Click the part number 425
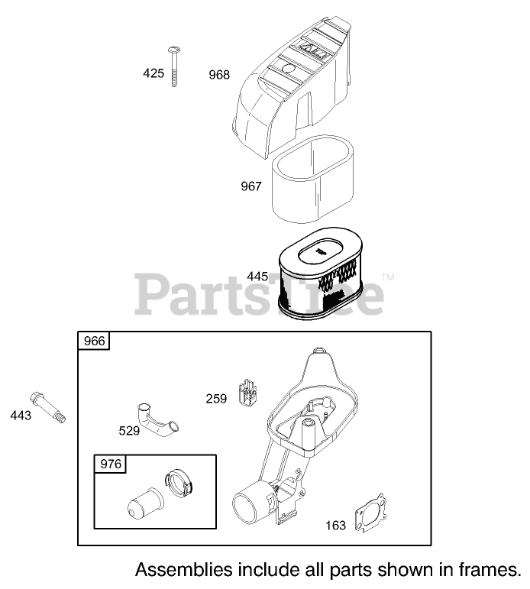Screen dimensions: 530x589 [154, 74]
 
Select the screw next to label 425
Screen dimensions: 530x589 [175, 66]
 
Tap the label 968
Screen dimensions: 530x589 [219, 75]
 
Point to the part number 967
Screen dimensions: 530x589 [250, 186]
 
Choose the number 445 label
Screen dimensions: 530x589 [258, 276]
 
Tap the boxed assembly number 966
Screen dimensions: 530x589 [94, 341]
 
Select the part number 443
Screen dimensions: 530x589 [21, 415]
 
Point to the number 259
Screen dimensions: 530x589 [216, 398]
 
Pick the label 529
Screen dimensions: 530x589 [129, 431]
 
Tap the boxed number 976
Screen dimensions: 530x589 [110, 464]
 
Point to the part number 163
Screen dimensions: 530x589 [334, 525]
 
